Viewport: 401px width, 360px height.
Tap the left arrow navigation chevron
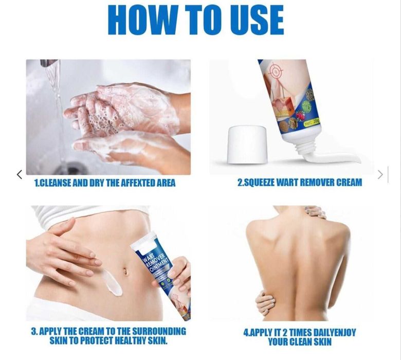[19, 174]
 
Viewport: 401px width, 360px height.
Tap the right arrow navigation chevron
[380, 174]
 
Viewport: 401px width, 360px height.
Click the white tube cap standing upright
[247, 144]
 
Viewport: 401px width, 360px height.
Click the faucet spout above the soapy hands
[49, 63]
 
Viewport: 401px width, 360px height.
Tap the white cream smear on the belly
[112, 284]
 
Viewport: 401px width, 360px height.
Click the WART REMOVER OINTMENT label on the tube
[155, 262]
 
